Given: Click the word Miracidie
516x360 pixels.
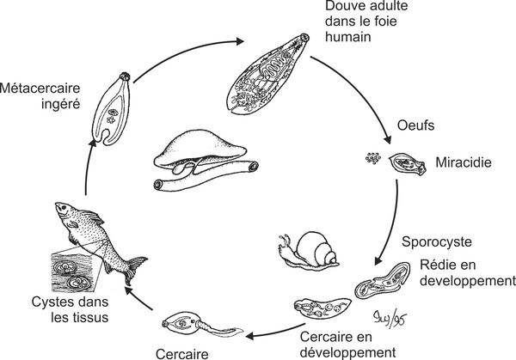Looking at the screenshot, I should click(x=463, y=161).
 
